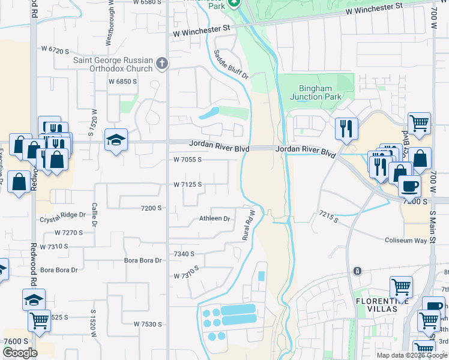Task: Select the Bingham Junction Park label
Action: click(x=315, y=92)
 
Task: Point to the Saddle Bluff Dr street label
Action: click(x=231, y=65)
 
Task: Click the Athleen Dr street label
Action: click(x=215, y=219)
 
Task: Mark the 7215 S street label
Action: click(x=329, y=217)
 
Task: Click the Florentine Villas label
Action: click(x=384, y=304)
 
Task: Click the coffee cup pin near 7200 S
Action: click(x=411, y=185)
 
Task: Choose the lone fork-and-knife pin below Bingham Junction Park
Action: click(x=346, y=128)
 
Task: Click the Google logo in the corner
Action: click(x=20, y=353)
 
